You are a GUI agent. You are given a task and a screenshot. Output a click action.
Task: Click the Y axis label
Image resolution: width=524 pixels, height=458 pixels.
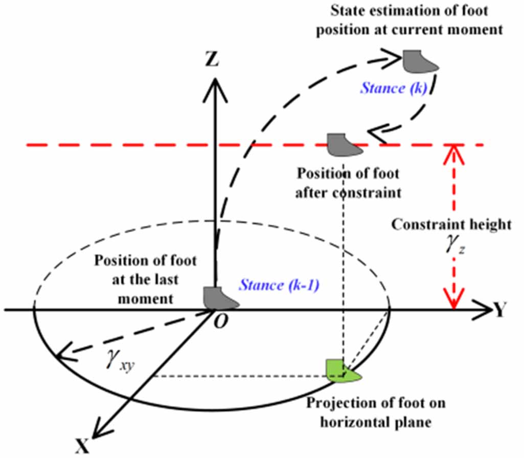point(502,310)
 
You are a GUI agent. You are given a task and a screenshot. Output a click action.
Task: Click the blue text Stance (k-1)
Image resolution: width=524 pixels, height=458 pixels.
point(279,285)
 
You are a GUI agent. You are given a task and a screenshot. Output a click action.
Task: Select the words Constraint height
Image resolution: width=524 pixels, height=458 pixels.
point(451,225)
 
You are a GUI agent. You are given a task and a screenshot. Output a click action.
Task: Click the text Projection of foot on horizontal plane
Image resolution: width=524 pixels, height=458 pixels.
point(375,412)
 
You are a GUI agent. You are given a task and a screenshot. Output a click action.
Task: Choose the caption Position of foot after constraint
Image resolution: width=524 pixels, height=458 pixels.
point(348,183)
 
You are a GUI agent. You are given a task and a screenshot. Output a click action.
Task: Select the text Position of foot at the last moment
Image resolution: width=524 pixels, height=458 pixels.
point(145,279)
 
